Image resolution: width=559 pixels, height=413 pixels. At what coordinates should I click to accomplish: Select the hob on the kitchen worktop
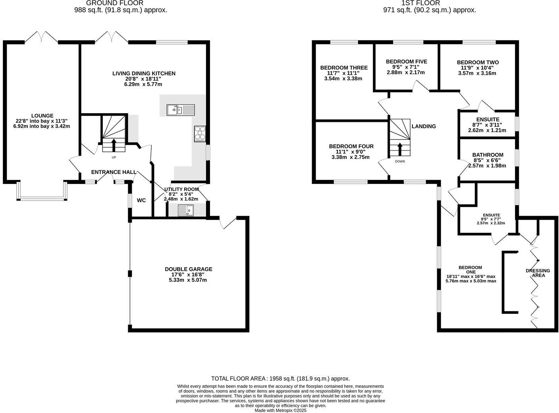pos(200,134)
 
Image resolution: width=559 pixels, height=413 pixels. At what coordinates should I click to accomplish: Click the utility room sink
pos(185,210)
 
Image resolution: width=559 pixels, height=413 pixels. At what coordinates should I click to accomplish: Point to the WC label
pos(141,201)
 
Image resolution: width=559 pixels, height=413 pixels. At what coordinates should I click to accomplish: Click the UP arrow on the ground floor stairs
pos(114,145)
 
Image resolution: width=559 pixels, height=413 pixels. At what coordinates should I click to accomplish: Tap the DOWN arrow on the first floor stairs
pos(400,149)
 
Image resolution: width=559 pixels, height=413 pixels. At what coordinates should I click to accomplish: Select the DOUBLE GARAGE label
pos(189,269)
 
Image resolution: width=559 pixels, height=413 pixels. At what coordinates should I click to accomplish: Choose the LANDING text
pos(424,126)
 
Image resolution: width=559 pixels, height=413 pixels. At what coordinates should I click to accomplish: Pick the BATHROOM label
pos(488,155)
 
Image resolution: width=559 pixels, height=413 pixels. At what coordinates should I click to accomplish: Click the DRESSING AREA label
pos(538,273)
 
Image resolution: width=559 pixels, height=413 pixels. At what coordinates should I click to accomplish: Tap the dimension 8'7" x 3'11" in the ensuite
pos(487,125)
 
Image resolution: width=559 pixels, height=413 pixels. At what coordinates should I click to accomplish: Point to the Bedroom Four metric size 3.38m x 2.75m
pos(351,157)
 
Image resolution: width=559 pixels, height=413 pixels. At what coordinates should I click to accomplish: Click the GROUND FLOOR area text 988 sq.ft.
pos(120,10)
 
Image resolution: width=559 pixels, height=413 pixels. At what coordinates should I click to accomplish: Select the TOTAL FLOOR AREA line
pos(280,379)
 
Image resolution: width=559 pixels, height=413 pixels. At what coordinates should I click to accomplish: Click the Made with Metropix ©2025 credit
pos(280,411)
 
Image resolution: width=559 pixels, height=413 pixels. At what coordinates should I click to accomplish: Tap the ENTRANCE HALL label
pos(114,172)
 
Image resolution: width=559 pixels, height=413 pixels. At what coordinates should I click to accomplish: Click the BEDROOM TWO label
pos(478,62)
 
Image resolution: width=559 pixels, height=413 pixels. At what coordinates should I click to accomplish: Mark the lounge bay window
pos(42,197)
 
